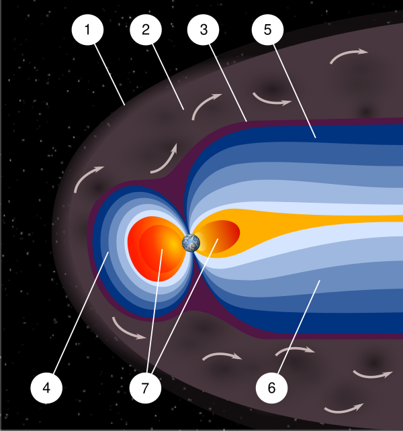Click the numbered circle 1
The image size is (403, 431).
click(x=87, y=30)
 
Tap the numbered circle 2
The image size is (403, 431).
click(x=146, y=30)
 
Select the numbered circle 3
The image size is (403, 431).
click(x=204, y=30)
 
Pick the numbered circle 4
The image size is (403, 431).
click(x=46, y=388)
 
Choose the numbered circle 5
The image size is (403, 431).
click(x=267, y=30)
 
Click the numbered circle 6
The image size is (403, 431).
click(x=271, y=388)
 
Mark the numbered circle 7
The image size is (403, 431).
click(x=145, y=388)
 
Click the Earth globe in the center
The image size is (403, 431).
click(x=191, y=243)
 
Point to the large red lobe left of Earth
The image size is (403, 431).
click(x=156, y=249)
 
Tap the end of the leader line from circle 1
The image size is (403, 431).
click(x=125, y=105)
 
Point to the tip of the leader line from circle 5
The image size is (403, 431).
click(x=316, y=138)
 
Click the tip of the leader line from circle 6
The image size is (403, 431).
click(x=320, y=280)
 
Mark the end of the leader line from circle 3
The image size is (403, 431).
click(x=247, y=122)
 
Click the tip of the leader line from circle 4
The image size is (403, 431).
click(x=109, y=252)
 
